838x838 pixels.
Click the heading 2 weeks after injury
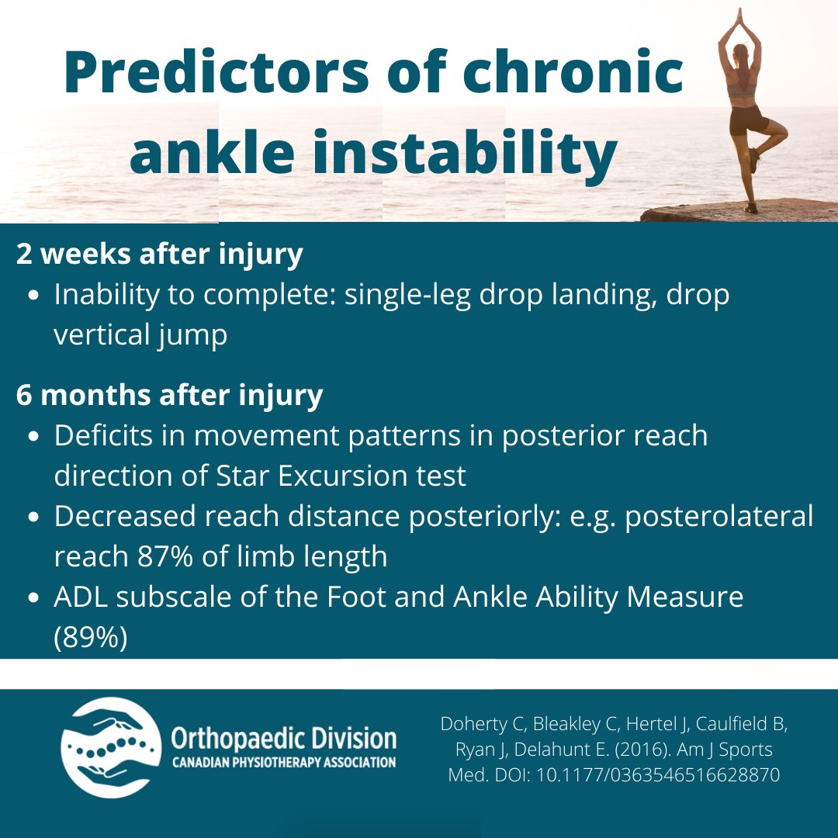[x=159, y=255]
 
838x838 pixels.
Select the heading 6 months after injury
[x=169, y=396]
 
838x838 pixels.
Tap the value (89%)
[x=90, y=639]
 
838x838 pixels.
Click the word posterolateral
[x=719, y=516]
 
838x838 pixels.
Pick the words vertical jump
[x=140, y=335]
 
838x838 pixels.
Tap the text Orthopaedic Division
[x=283, y=737]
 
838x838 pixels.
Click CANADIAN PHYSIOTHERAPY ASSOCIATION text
[x=283, y=763]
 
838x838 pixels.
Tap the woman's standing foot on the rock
[x=750, y=206]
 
